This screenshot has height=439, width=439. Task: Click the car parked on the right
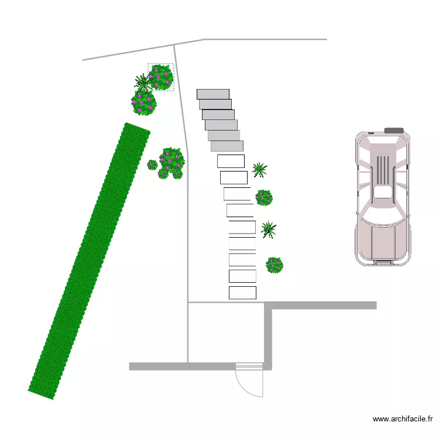pyautogui.click(x=383, y=197)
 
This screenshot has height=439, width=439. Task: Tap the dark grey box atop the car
pyautogui.click(x=394, y=130)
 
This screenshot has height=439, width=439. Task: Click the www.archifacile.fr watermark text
pyautogui.click(x=402, y=419)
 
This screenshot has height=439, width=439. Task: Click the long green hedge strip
pyautogui.click(x=89, y=260)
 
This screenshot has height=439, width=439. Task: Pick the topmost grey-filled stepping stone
pyautogui.click(x=213, y=94)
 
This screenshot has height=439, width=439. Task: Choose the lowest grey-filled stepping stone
pyautogui.click(x=227, y=146)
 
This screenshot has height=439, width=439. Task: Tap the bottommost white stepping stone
pyautogui.click(x=242, y=293)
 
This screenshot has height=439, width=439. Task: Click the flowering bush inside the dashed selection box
pyautogui.click(x=161, y=77)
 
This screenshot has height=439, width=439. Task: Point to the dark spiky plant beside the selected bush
pyautogui.click(x=143, y=83)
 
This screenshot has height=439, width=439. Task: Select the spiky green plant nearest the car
pyautogui.click(x=269, y=229)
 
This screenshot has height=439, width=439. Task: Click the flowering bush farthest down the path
pyautogui.click(x=275, y=265)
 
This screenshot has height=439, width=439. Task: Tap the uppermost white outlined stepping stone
pyautogui.click(x=231, y=162)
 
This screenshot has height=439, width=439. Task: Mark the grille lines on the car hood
pyautogui.click(x=383, y=166)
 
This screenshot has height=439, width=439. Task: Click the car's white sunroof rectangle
pyautogui.click(x=382, y=193)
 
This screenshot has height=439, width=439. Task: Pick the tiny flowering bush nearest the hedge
pyautogui.click(x=152, y=165)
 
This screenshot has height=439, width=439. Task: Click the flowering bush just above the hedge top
pyautogui.click(x=144, y=103)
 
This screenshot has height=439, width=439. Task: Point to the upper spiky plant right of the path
pyautogui.click(x=259, y=170)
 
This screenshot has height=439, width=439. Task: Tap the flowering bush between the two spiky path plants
pyautogui.click(x=264, y=198)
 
